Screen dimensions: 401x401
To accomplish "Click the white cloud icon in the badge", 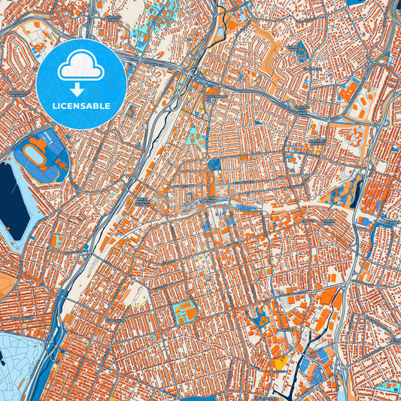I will click(x=81, y=67).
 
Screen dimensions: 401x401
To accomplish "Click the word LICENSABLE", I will click(x=81, y=105).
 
